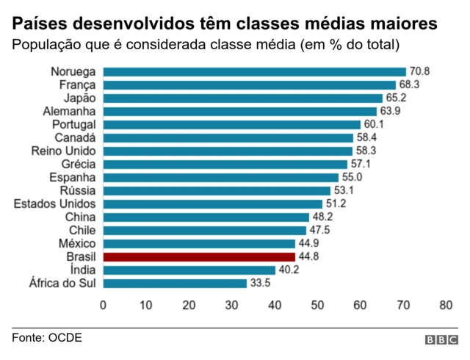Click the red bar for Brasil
[x=199, y=257]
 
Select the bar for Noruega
[x=254, y=72]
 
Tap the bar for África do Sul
[x=175, y=284]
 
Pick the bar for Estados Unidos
[x=212, y=204]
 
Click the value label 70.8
[x=419, y=72]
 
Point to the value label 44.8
[x=308, y=257]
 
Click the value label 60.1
[x=374, y=125]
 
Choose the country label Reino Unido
[x=63, y=151]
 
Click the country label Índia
[x=83, y=270]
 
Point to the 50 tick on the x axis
[x=317, y=305]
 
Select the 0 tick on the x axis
[x=103, y=305]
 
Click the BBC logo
[x=441, y=340]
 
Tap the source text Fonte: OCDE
[x=47, y=338]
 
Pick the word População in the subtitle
[x=48, y=45]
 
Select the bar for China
[x=206, y=217]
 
